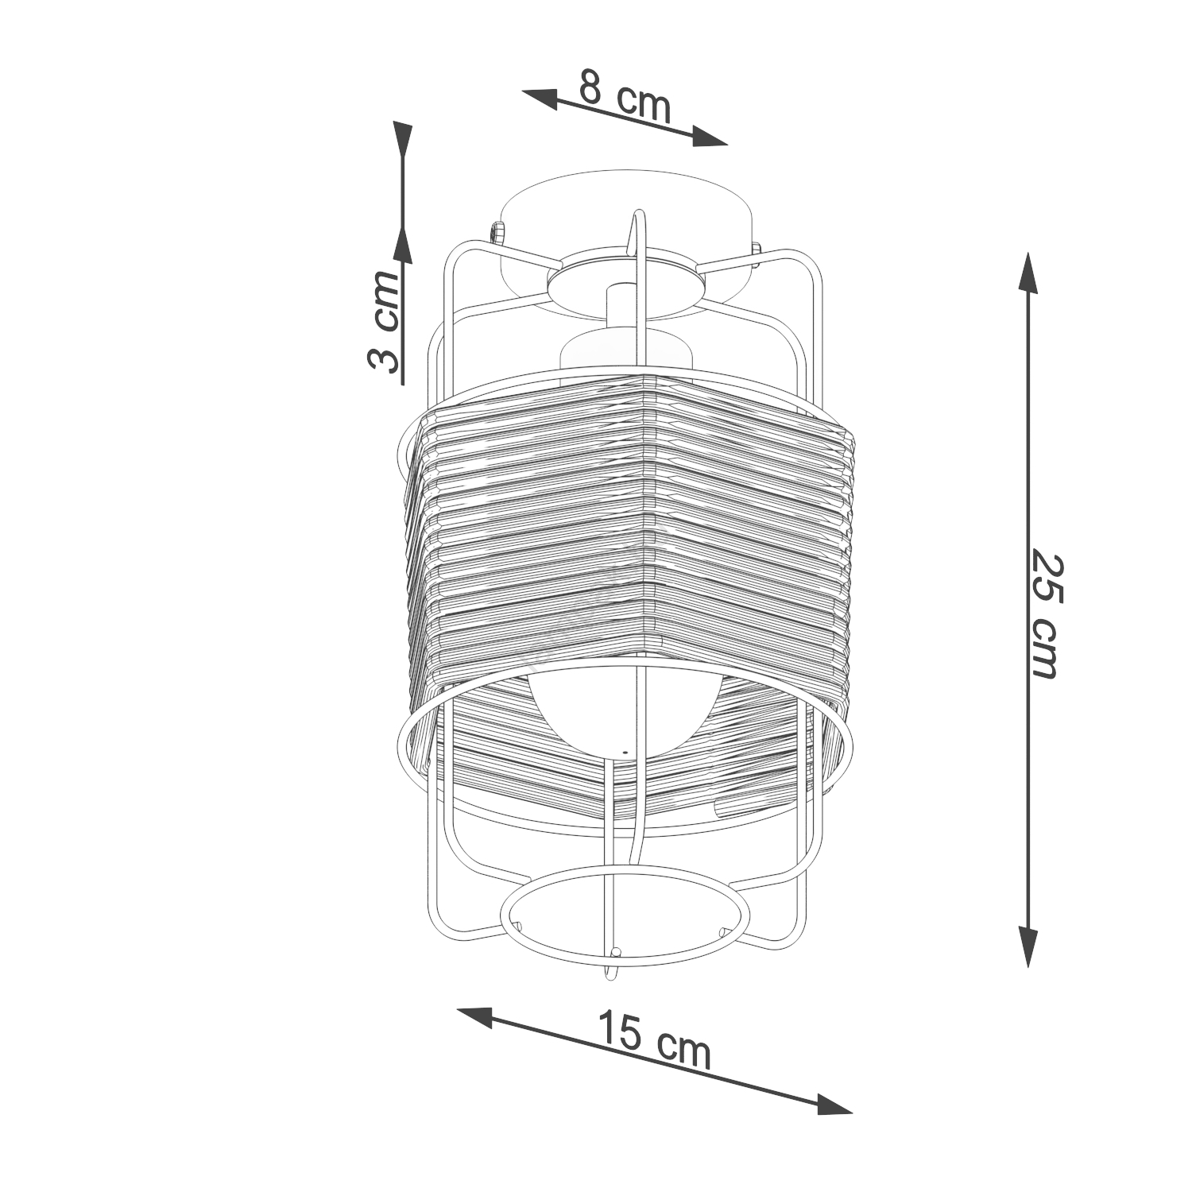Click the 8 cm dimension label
[x=625, y=97]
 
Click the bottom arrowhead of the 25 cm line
[x=1028, y=946]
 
